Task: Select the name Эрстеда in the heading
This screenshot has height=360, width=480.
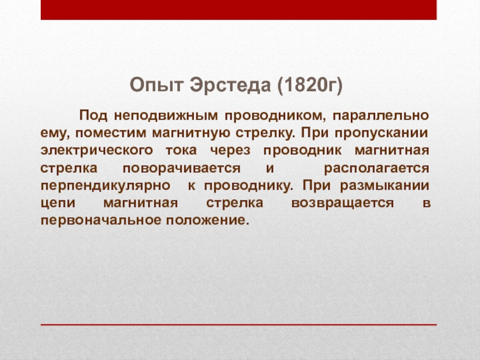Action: tap(230, 85)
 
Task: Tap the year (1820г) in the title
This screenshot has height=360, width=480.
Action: tap(310, 85)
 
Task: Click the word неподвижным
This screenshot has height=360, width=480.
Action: tap(166, 115)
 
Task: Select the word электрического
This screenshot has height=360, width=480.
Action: tap(97, 151)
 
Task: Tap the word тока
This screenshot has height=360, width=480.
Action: tap(181, 151)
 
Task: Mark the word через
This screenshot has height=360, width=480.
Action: tap(230, 151)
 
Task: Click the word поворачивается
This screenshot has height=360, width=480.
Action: tap(182, 169)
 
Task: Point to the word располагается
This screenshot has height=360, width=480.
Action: tap(377, 169)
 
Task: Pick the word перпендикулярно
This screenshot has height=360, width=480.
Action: tap(106, 186)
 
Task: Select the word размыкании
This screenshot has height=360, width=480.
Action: tap(385, 186)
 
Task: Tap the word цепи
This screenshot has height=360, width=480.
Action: tap(58, 203)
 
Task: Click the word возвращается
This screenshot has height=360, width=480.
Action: tap(343, 203)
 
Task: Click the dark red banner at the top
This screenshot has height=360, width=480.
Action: tap(239, 10)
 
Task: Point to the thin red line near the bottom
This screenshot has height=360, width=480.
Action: tap(239, 325)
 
